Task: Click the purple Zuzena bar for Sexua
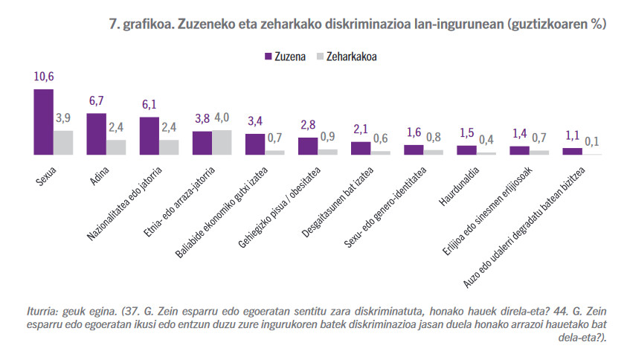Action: (43, 122)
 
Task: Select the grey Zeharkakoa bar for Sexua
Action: (63, 143)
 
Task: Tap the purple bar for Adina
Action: (97, 134)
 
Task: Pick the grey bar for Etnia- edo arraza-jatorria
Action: (222, 142)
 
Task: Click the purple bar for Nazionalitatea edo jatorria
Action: (149, 136)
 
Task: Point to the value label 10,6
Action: (43, 77)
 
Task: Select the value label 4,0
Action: (222, 118)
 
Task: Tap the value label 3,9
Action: (63, 119)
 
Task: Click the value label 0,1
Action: (593, 141)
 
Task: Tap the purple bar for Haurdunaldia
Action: (466, 150)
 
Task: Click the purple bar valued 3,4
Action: (255, 144)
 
